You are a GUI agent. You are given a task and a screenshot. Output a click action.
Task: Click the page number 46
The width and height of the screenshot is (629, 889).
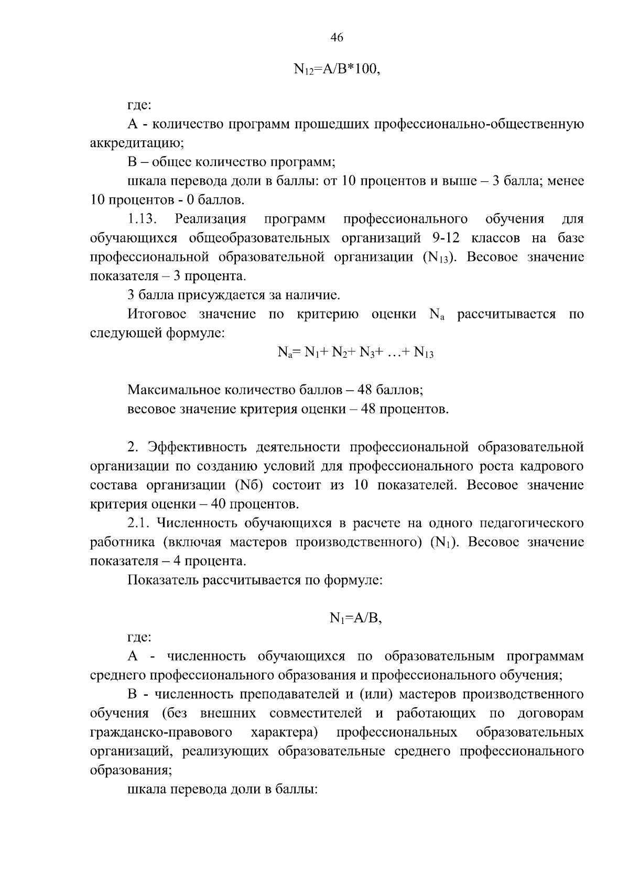(337, 37)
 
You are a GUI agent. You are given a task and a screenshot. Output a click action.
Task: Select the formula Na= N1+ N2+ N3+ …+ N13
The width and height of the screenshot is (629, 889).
(355, 353)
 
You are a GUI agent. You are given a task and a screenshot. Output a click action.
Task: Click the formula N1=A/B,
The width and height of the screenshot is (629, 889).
(355, 619)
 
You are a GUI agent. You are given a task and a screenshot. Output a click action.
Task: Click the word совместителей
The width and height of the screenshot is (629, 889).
(316, 714)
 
